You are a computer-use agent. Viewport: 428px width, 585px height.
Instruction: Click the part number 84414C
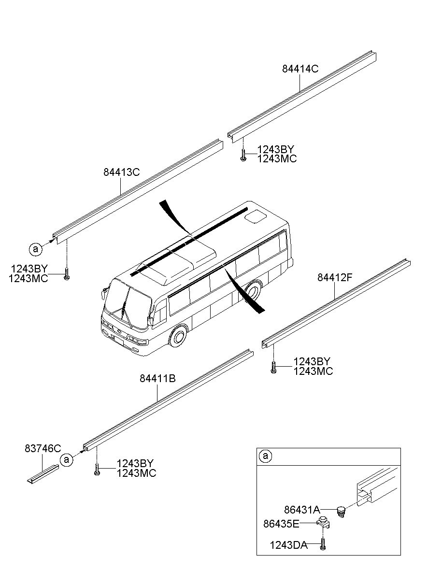click(300, 69)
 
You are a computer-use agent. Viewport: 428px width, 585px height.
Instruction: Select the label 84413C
click(121, 171)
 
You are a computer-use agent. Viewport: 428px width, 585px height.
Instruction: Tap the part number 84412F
click(335, 277)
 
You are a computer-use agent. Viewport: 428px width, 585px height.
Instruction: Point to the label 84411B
click(157, 379)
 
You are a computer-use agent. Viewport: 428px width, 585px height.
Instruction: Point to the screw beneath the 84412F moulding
click(273, 369)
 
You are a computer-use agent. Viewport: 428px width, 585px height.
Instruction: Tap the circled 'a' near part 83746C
click(67, 460)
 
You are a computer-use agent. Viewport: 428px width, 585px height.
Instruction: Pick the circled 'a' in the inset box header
click(265, 456)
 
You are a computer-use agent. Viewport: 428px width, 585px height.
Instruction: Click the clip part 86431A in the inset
click(342, 511)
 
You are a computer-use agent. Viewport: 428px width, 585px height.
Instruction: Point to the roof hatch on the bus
click(255, 217)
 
